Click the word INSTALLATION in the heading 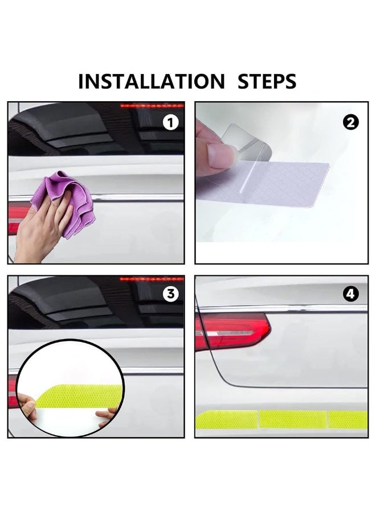[x=151, y=81]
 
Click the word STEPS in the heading [x=267, y=81]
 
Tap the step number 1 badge [x=170, y=122]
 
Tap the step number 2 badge [x=352, y=122]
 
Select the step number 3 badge [x=170, y=294]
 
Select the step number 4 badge [x=352, y=294]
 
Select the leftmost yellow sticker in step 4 [x=227, y=419]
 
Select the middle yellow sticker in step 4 [x=292, y=419]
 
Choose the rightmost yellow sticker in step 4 [x=348, y=419]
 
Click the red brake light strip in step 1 [x=151, y=106]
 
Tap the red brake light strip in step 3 [x=151, y=279]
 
